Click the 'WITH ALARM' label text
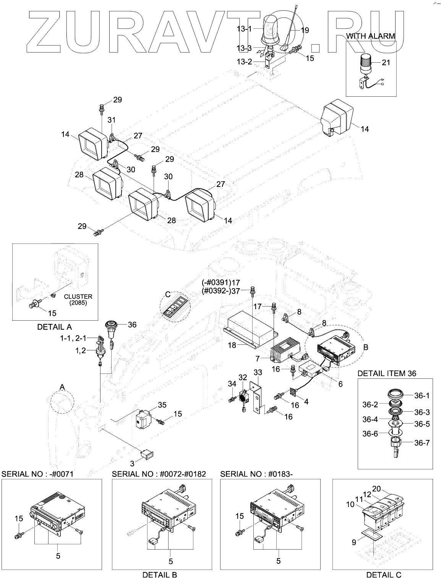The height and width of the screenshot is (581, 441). click(370, 36)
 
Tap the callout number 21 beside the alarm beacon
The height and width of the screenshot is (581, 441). click(386, 62)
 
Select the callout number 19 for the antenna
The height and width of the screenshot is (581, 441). click(305, 30)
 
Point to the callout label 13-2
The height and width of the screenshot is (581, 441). click(245, 62)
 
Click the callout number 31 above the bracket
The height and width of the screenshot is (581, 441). click(112, 120)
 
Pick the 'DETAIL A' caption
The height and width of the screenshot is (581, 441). click(55, 327)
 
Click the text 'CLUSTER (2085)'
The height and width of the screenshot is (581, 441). click(78, 300)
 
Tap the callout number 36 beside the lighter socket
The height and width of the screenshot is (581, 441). click(132, 325)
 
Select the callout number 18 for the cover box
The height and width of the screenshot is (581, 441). click(232, 346)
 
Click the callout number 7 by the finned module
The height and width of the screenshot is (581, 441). click(258, 359)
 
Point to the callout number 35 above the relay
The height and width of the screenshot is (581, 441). click(162, 405)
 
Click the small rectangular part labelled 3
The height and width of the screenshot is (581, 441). click(148, 454)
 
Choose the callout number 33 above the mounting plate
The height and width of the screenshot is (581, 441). click(258, 372)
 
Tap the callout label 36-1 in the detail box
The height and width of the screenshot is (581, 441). click(422, 396)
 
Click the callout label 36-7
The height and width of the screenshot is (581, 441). click(422, 443)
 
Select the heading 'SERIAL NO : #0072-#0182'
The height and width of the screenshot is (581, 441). click(159, 474)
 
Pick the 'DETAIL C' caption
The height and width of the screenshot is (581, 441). click(384, 575)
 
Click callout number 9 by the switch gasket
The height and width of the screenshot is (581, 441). click(354, 542)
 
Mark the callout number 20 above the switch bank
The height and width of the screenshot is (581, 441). click(376, 488)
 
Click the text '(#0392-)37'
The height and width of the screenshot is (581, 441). click(221, 291)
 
